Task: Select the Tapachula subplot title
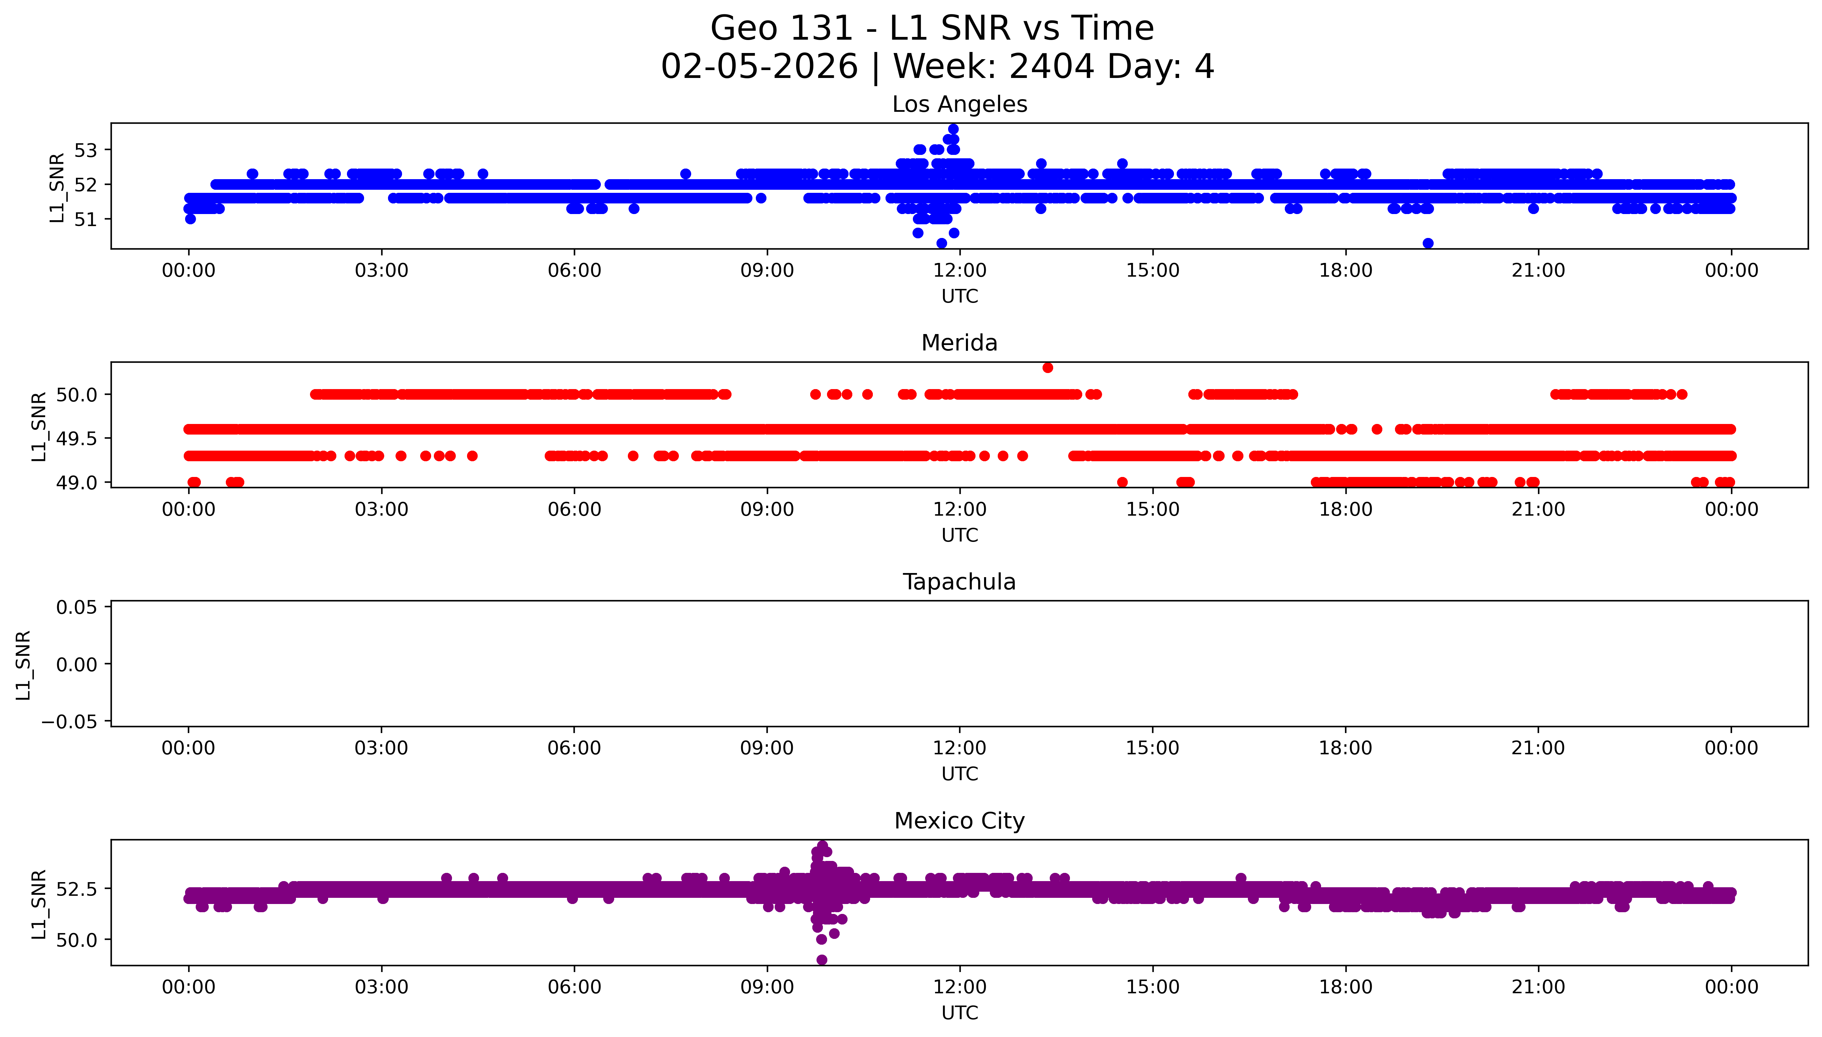959,582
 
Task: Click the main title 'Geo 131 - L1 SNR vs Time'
932,28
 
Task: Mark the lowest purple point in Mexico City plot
822,959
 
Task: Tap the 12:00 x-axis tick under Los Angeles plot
960,271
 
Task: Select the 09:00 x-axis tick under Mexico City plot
767,987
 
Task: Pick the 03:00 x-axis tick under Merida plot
381,509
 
